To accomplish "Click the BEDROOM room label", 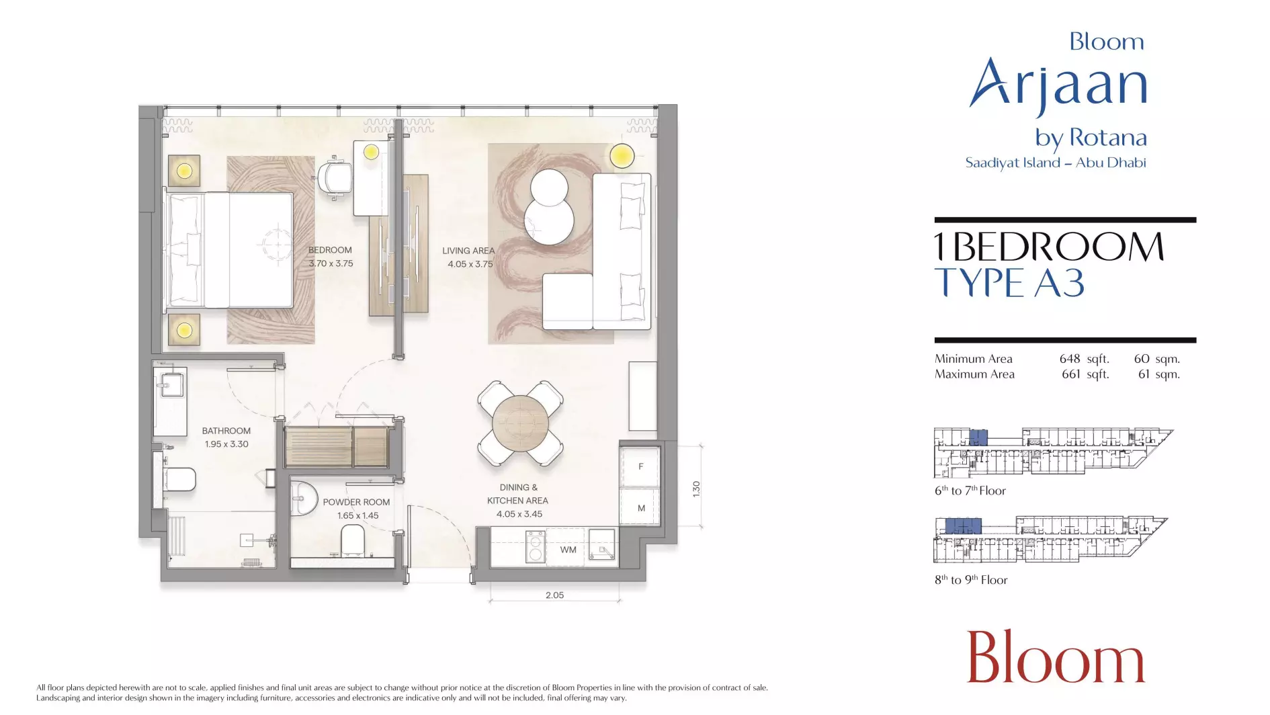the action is pos(330,250).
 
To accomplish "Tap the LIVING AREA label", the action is pos(468,251).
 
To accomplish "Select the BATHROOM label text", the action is pos(226,431).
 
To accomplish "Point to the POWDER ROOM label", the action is pos(356,502).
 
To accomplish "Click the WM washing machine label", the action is pos(568,550).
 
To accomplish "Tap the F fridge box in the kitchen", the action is pos(640,466).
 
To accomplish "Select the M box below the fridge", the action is pos(641,507).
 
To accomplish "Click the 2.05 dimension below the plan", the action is pos(554,595).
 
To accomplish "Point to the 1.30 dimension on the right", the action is pos(696,489).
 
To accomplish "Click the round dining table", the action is pos(520,423).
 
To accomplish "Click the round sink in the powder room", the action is pos(304,499).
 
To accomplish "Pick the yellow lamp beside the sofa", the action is pos(622,156).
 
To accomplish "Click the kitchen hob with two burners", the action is pos(536,546).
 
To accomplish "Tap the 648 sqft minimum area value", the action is pos(1084,359).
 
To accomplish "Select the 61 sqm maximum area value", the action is pos(1158,374).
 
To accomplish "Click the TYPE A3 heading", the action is pos(1009,283).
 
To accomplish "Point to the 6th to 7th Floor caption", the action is pos(970,491).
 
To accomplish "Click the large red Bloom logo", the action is pos(1056,657).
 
